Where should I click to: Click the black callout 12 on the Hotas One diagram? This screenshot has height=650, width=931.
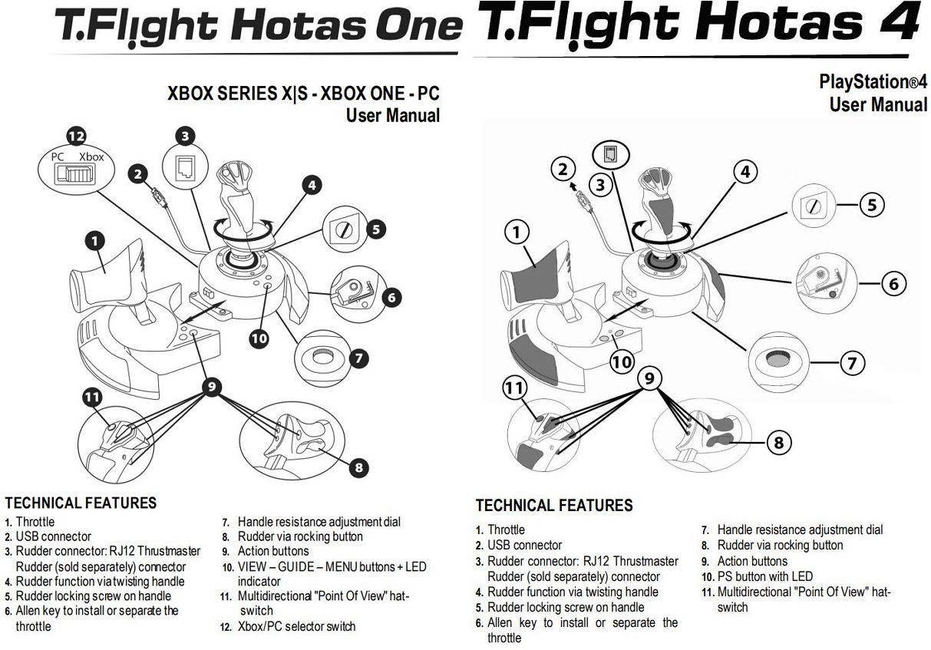76,137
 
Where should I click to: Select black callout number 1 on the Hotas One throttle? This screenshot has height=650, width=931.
94,241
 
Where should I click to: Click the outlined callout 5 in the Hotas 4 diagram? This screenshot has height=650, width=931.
871,205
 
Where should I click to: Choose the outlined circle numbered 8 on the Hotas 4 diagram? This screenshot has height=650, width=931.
778,442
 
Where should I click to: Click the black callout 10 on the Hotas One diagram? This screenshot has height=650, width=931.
259,337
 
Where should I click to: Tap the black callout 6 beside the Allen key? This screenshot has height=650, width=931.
391,296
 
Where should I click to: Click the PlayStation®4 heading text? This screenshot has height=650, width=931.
873,83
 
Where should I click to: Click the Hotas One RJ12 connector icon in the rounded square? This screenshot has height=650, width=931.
184,169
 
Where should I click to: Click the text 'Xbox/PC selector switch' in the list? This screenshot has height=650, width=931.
296,626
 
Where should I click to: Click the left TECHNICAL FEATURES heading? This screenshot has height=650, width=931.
81,503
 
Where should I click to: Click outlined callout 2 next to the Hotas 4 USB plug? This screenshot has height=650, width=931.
563,170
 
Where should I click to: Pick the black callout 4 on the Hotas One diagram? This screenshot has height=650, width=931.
311,184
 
